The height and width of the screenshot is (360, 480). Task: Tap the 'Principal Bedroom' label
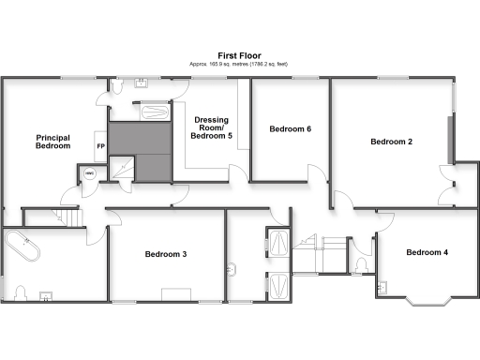[x=53, y=141]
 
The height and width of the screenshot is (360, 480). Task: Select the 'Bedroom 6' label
[x=290, y=128]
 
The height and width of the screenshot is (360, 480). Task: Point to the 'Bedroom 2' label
[x=392, y=142]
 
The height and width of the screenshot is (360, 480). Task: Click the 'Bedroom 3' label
[x=165, y=254]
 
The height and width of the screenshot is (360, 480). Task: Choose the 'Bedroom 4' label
[x=427, y=252]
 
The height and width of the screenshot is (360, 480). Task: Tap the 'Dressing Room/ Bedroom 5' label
[x=213, y=127]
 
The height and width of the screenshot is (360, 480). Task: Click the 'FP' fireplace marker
[x=99, y=146]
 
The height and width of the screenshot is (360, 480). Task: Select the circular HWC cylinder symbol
[x=90, y=174]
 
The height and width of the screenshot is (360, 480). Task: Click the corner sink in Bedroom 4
[x=382, y=287]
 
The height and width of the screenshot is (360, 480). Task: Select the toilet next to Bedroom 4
[x=361, y=265]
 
